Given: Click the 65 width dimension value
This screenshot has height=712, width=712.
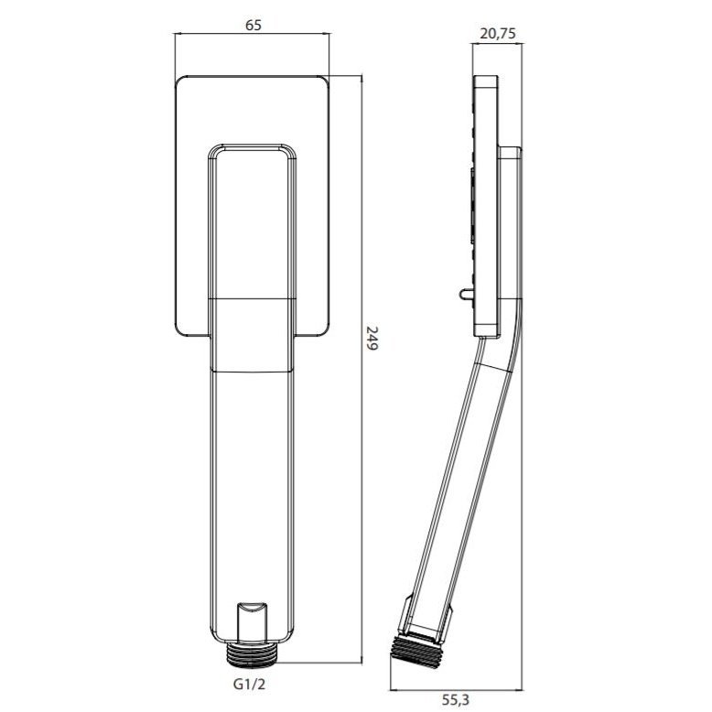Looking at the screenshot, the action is (x=254, y=25).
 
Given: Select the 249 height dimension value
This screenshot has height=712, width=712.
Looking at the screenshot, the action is (x=372, y=339).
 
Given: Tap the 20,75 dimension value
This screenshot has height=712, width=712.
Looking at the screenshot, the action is (x=498, y=34).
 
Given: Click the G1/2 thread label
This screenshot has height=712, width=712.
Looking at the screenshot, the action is (x=249, y=685).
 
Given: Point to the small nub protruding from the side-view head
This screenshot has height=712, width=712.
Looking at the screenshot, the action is (x=467, y=294).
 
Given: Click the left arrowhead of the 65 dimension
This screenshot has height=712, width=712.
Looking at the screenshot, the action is (x=178, y=33).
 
